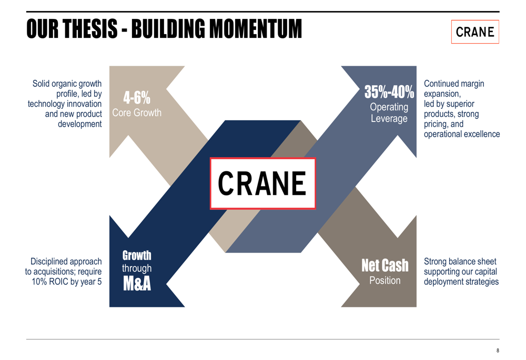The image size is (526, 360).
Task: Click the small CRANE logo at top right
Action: tap(475, 32)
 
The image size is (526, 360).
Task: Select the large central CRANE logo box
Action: tap(262, 183)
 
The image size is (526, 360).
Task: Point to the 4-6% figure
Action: tap(137, 98)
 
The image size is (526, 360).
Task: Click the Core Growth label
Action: tap(137, 113)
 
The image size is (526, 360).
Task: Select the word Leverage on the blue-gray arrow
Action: tap(389, 119)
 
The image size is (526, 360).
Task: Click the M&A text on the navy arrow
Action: tap(137, 284)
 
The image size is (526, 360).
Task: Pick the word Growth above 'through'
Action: tap(137, 256)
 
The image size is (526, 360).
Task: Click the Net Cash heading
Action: tap(385, 266)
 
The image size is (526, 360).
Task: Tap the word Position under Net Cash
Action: tap(385, 281)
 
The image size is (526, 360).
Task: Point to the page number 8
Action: tap(498, 351)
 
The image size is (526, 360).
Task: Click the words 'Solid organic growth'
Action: tap(67, 84)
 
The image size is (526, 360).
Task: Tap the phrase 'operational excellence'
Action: tap(461, 134)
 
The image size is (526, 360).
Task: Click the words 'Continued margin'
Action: tap(453, 84)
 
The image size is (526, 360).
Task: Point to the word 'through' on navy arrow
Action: tap(137, 269)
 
